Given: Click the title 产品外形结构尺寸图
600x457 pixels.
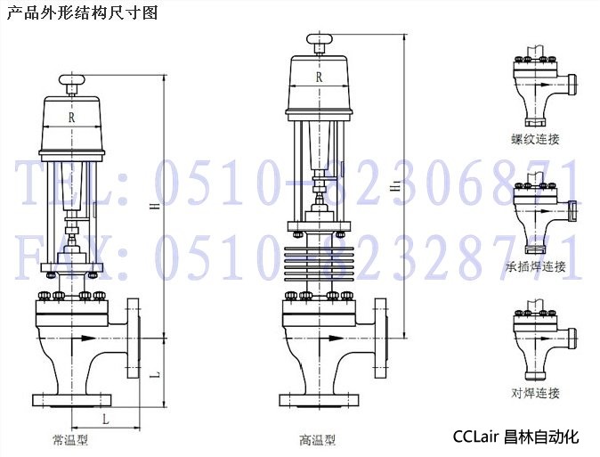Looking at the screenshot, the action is click(82, 12).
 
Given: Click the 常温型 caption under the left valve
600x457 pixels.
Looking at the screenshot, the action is click(70, 440).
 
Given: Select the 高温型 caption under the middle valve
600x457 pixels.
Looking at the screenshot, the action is click(317, 440).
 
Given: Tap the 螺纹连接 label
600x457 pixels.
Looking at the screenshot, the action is click(535, 139).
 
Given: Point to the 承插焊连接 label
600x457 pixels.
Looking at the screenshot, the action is click(535, 266).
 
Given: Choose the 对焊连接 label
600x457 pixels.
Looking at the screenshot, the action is click(535, 393).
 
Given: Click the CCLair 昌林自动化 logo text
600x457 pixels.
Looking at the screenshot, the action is click(515, 437).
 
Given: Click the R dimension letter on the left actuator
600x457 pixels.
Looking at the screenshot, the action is click(71, 118).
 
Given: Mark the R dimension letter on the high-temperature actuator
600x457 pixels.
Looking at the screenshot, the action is click(319, 78).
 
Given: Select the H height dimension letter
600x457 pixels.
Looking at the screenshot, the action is click(155, 206).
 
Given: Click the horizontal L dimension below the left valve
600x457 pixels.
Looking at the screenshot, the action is click(106, 419).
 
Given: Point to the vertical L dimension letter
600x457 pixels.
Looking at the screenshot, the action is click(155, 375).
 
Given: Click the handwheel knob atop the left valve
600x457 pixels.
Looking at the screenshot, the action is click(71, 80).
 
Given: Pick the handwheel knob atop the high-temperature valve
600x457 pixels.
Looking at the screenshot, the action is click(320, 38).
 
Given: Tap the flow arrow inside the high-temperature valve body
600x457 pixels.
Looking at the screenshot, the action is click(332, 339).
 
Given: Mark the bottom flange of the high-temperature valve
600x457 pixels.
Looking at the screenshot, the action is click(319, 400).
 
